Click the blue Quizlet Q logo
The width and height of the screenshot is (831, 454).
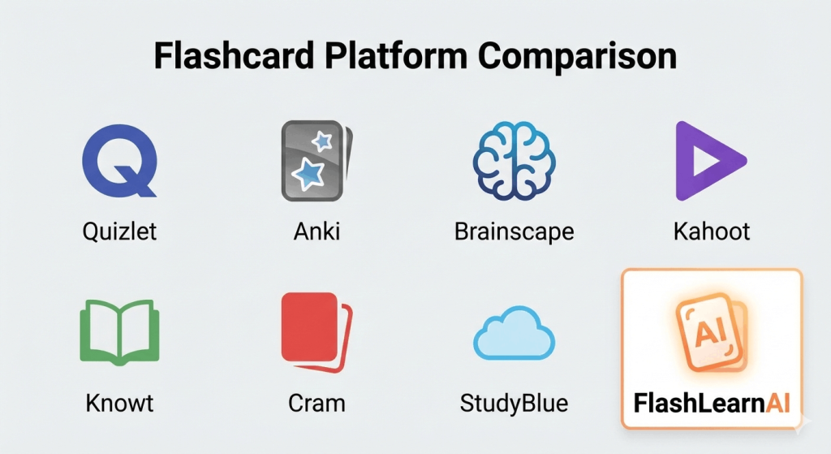point(118,160)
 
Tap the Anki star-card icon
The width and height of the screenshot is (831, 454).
point(316,160)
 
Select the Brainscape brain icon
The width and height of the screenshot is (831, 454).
point(513,160)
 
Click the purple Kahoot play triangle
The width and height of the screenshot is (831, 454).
point(706,160)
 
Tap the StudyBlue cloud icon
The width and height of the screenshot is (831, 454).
point(513,335)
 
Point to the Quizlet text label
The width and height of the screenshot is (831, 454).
point(119,231)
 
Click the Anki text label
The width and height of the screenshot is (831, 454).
point(316,231)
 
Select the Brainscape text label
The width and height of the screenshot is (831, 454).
point(514,231)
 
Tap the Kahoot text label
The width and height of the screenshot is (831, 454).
point(712,231)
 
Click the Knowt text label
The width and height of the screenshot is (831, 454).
point(119,403)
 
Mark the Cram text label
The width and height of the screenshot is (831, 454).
point(316,403)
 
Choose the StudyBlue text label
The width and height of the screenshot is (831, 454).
point(514,403)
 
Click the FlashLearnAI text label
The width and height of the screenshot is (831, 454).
point(712,403)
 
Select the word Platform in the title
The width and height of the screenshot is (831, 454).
point(407,58)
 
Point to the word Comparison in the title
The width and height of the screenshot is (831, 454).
point(577,58)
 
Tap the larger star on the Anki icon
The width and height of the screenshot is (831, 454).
point(309,173)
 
